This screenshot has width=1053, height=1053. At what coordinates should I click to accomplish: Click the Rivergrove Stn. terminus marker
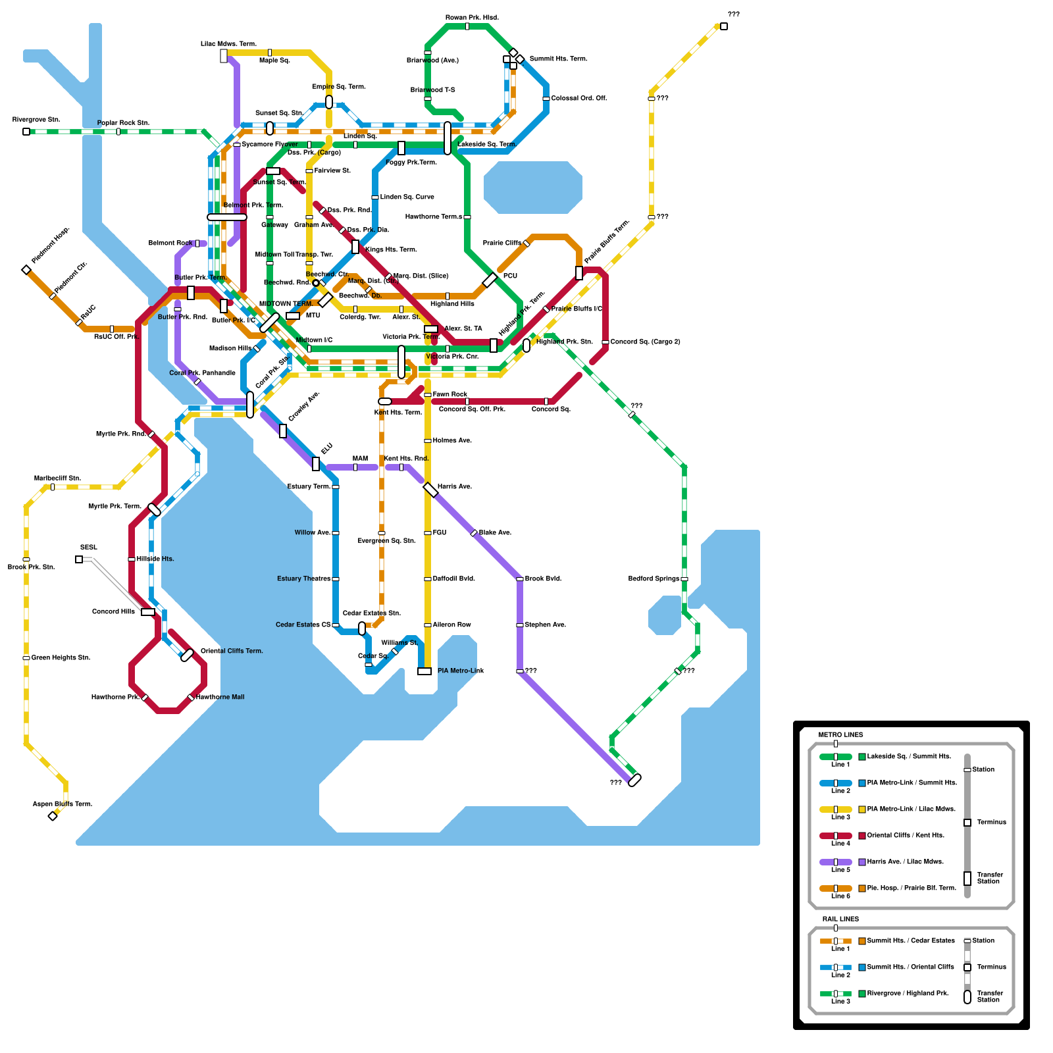coord(26,132)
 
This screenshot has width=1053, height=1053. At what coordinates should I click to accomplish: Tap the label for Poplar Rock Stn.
coord(123,123)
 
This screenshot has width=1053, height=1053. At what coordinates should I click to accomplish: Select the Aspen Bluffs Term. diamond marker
coord(53,816)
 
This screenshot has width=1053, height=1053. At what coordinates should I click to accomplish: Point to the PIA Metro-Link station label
coord(461,671)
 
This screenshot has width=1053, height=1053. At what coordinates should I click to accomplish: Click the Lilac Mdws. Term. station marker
coord(224,56)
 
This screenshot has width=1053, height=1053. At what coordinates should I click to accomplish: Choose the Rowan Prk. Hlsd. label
coord(472,18)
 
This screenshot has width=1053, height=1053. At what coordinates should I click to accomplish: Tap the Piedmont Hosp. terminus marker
coord(26,270)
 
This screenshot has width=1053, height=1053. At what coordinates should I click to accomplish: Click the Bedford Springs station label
coord(654,578)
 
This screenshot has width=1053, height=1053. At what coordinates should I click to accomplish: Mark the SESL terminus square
coord(79,559)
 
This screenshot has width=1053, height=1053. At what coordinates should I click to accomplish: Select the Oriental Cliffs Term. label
coord(232,651)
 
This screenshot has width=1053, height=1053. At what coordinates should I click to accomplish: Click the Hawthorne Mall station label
coord(220,697)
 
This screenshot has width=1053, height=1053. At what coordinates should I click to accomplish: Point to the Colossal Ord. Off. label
coord(578,98)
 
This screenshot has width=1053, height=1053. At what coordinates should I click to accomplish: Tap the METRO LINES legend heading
coord(840,734)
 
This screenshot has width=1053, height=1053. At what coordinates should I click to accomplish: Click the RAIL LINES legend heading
coord(840,919)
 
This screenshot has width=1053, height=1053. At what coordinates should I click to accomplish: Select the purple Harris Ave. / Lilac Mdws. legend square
coord(862,862)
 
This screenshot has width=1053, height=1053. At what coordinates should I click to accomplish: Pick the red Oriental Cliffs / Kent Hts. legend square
coord(862,836)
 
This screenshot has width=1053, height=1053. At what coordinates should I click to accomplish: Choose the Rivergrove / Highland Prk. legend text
coord(908,993)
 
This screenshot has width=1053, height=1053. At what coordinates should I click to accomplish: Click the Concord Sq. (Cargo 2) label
coord(645,342)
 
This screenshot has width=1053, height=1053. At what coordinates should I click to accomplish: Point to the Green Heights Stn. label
coord(61,657)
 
